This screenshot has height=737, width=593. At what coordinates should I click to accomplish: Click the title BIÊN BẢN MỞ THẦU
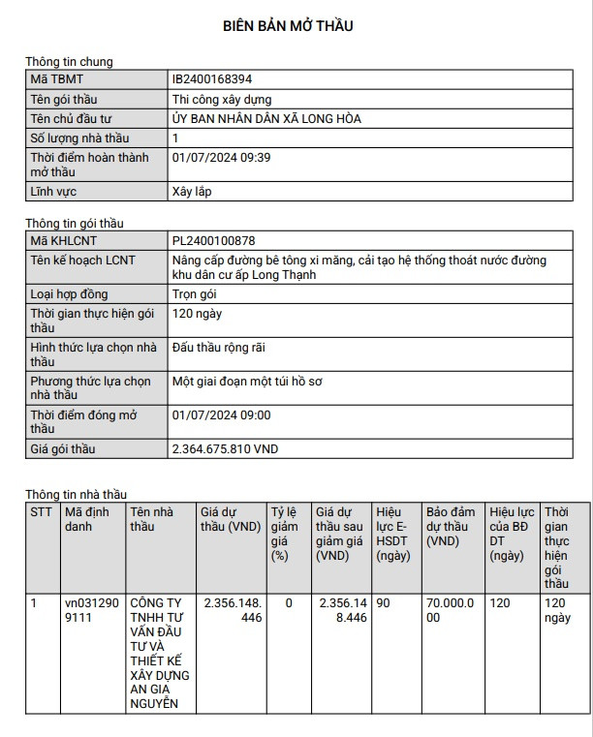click(288, 26)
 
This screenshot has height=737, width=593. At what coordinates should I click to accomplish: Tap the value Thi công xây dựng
click(221, 99)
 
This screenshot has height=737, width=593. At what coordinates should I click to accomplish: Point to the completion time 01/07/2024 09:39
click(221, 157)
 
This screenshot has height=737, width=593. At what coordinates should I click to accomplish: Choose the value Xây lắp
click(191, 192)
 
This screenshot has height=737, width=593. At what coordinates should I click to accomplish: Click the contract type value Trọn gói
click(193, 293)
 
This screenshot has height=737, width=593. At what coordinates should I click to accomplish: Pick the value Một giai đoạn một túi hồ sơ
click(247, 382)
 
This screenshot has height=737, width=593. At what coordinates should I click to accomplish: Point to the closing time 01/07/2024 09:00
click(221, 415)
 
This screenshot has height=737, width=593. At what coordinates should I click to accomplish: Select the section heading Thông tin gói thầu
click(74, 224)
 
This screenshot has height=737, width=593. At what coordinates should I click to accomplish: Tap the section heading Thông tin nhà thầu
click(76, 495)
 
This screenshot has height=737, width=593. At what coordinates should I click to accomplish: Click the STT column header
click(41, 511)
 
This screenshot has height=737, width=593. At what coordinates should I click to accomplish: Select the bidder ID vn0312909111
click(90, 610)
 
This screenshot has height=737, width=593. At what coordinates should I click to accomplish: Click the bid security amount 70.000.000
click(453, 610)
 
